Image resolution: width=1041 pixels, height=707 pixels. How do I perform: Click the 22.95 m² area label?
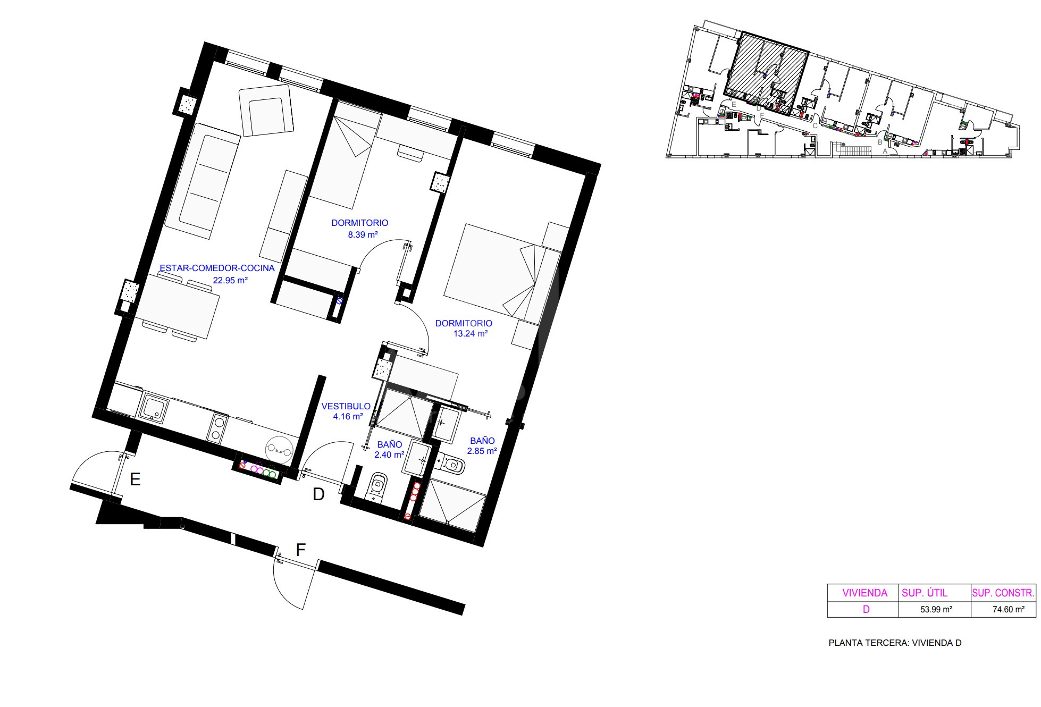(x=231, y=280)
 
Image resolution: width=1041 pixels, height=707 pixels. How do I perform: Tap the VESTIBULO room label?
(x=346, y=406)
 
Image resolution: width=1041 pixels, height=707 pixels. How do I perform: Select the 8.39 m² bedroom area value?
(x=363, y=234)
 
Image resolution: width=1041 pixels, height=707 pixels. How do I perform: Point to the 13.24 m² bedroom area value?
(x=471, y=334)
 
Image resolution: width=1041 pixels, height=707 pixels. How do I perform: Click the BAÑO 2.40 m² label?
(x=390, y=449)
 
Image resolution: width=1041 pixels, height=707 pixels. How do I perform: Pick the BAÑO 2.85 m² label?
(x=482, y=445)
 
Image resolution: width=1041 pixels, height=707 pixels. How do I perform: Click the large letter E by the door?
(x=135, y=479)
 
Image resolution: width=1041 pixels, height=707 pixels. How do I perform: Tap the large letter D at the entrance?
(x=318, y=494)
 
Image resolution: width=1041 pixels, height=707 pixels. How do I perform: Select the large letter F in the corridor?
(x=300, y=550)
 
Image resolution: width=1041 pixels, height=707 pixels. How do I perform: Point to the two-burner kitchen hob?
(x=217, y=428)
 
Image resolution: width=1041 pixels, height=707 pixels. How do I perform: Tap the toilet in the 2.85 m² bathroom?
(x=450, y=465)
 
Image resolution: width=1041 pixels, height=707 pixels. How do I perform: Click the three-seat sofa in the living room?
(x=203, y=181)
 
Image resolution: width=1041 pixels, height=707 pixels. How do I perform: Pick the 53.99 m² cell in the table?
(x=936, y=610)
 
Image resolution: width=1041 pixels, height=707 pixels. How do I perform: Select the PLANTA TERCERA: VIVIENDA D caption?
(x=895, y=643)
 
